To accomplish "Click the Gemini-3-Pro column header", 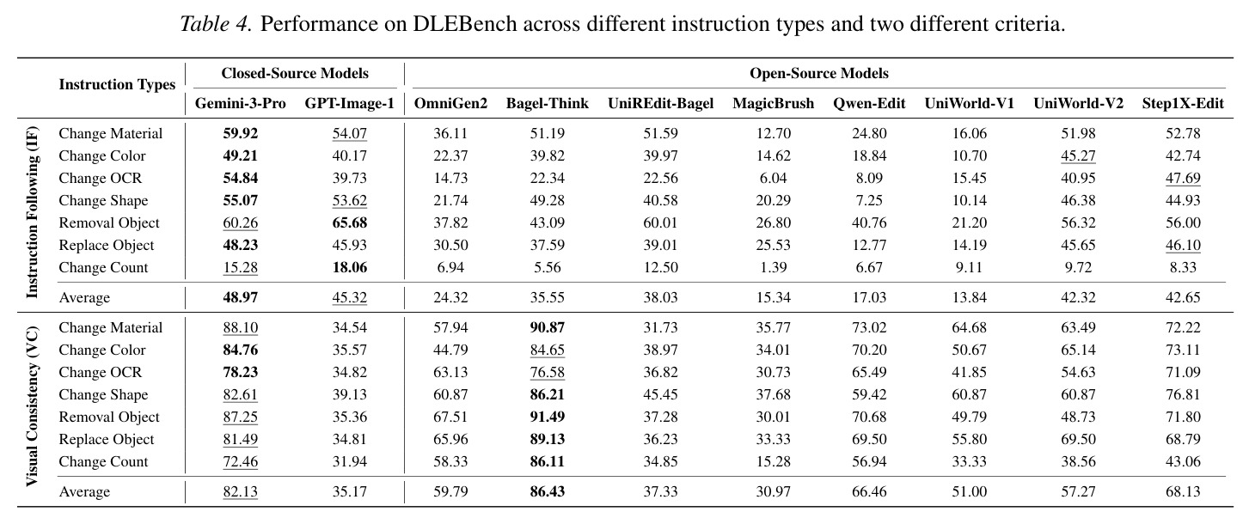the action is pos(241,103).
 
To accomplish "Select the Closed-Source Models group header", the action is pos(295,73).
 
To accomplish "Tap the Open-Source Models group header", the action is pos(818,73).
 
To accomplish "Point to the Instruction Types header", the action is pos(117,84).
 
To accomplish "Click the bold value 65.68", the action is pos(350,222).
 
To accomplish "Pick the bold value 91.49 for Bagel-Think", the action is pos(547,417).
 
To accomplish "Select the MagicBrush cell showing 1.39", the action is pos(774,267).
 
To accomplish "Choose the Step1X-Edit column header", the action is pos(1183,103).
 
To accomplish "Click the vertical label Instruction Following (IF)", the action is pos(32,212).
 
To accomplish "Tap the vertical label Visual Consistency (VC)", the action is pos(32,406).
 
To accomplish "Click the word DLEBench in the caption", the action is pos(465,24).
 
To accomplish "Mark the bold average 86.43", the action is pos(547,491).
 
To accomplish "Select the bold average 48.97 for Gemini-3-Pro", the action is pos(241,297).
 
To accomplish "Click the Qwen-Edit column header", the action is pos(869,103).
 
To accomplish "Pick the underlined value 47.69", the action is pos(1183,178).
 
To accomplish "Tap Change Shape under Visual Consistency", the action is pos(103,394).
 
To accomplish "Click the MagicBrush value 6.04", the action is pos(774,178).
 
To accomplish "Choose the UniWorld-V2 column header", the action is pos(1079,103).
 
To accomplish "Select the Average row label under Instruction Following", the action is pos(84,297).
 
